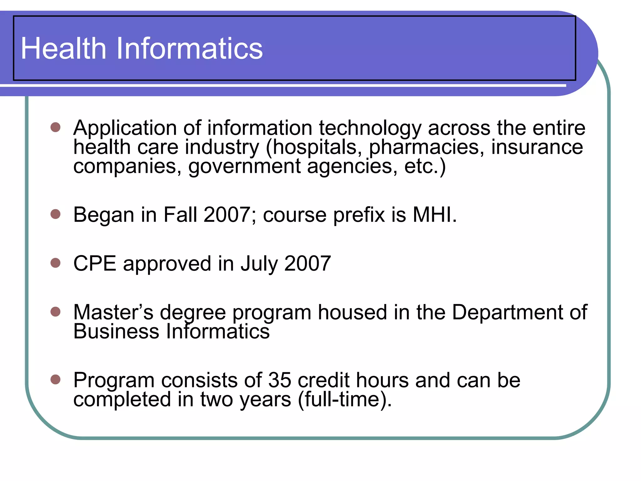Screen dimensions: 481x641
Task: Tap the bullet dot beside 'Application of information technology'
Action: click(55, 127)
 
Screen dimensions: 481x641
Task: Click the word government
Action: click(244, 166)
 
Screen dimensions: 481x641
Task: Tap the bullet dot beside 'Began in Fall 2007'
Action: click(55, 214)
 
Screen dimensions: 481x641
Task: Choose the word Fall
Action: click(180, 215)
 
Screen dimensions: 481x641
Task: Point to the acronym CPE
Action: click(95, 263)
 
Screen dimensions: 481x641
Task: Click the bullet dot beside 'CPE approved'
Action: click(55, 263)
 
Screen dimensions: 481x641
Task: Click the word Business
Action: click(116, 331)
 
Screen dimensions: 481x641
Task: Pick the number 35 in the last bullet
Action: click(279, 380)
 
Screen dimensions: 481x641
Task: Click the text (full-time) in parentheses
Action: click(344, 400)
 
